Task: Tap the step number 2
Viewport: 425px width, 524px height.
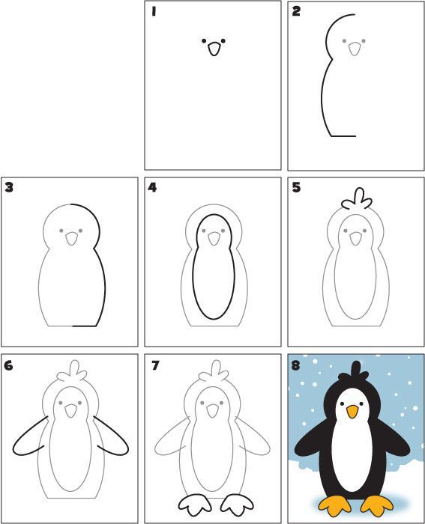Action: (297, 11)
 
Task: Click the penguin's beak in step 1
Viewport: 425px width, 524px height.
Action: (214, 50)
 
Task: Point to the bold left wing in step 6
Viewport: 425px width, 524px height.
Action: (30, 438)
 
